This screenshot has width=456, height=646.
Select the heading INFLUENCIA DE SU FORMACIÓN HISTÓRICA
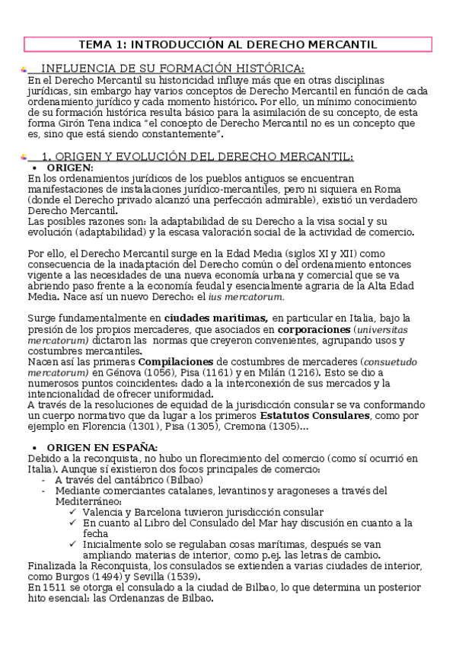[x=171, y=69]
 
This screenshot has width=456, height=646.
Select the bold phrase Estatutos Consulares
[x=315, y=415]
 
